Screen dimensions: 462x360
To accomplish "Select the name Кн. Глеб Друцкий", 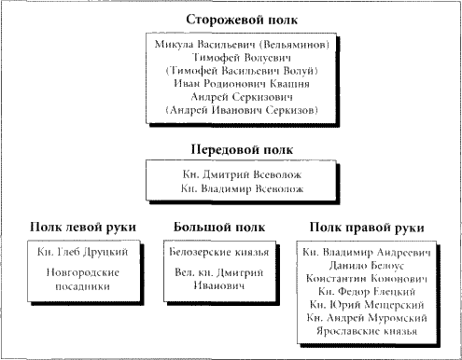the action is coord(83,253).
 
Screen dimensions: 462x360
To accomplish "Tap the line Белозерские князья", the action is coord(215,253).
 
